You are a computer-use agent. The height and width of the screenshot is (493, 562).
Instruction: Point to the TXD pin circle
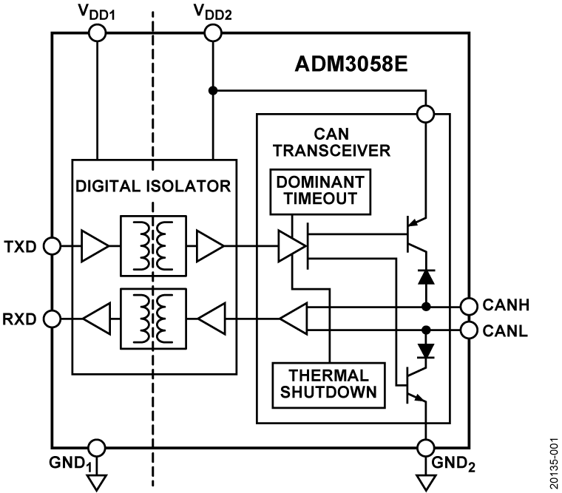pyautogui.click(x=53, y=245)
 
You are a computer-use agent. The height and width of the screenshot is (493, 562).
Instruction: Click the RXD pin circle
pyautogui.click(x=53, y=319)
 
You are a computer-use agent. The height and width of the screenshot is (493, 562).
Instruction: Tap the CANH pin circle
pyautogui.click(x=468, y=305)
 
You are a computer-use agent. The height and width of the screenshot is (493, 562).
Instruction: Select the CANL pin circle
pyautogui.click(x=468, y=329)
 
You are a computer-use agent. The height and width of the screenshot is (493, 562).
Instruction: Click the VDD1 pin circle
pyautogui.click(x=97, y=32)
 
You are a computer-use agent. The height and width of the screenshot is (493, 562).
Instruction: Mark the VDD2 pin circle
pyautogui.click(x=212, y=32)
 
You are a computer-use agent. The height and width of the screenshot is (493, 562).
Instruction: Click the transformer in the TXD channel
pyautogui.click(x=155, y=245)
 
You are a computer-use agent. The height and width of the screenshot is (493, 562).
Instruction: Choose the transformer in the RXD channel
pyautogui.click(x=155, y=319)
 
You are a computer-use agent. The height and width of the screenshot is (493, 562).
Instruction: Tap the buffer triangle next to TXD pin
pyautogui.click(x=95, y=245)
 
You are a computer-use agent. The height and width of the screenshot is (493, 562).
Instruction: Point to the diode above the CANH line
pyautogui.click(x=426, y=277)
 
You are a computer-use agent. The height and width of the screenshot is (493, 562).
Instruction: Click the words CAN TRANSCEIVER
pyautogui.click(x=331, y=143)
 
